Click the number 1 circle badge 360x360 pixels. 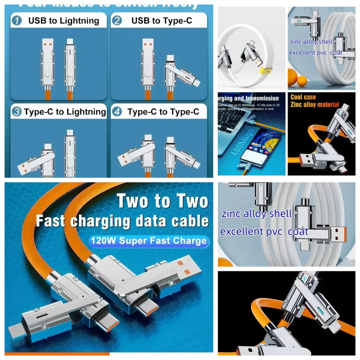pyautogui.click(x=17, y=20)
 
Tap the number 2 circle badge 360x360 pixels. pyautogui.click(x=117, y=20)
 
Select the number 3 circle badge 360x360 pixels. pyautogui.click(x=16, y=112)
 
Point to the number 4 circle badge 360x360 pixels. pyautogui.click(x=117, y=112)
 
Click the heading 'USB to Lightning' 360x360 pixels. pyautogui.click(x=64, y=21)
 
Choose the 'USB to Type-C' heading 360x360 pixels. pyautogui.click(x=162, y=21)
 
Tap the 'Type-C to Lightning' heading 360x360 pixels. pyautogui.click(x=65, y=112)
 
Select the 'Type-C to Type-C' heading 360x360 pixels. pyautogui.click(x=163, y=112)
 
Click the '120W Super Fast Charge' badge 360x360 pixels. pyautogui.click(x=149, y=241)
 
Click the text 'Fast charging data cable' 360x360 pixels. pyautogui.click(x=122, y=221)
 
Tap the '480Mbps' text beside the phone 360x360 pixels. pyautogui.click(x=239, y=143)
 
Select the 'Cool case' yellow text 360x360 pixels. pyautogui.click(x=303, y=97)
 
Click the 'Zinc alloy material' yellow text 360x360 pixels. pyautogui.click(x=315, y=104)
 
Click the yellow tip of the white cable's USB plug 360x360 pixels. pyautogui.click(x=266, y=71)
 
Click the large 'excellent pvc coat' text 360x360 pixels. pyautogui.click(x=264, y=232)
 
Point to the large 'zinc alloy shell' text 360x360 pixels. pyautogui.click(x=256, y=214)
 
